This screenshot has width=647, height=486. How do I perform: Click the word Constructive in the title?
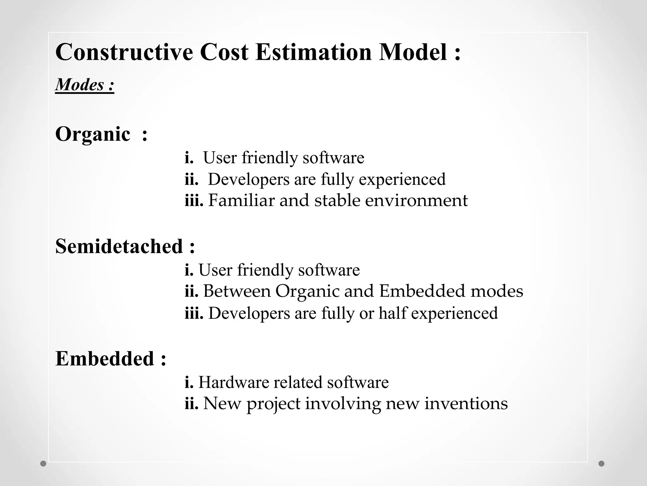tap(124, 52)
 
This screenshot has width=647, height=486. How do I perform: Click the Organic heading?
tap(93, 134)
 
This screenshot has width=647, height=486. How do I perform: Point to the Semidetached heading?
tap(119, 246)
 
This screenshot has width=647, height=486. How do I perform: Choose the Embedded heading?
tap(105, 359)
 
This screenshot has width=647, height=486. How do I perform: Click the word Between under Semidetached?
tap(237, 291)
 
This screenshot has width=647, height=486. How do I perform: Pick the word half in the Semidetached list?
tap(392, 313)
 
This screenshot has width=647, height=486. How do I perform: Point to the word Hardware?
tap(233, 382)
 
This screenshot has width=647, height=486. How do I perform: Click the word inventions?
tap(466, 404)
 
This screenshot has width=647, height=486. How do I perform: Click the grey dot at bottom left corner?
tap(43, 464)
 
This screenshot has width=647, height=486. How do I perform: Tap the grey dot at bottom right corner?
tap(602, 464)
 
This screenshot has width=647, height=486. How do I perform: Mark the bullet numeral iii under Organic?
tap(194, 201)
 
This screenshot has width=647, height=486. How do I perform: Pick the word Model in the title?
tap(413, 52)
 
